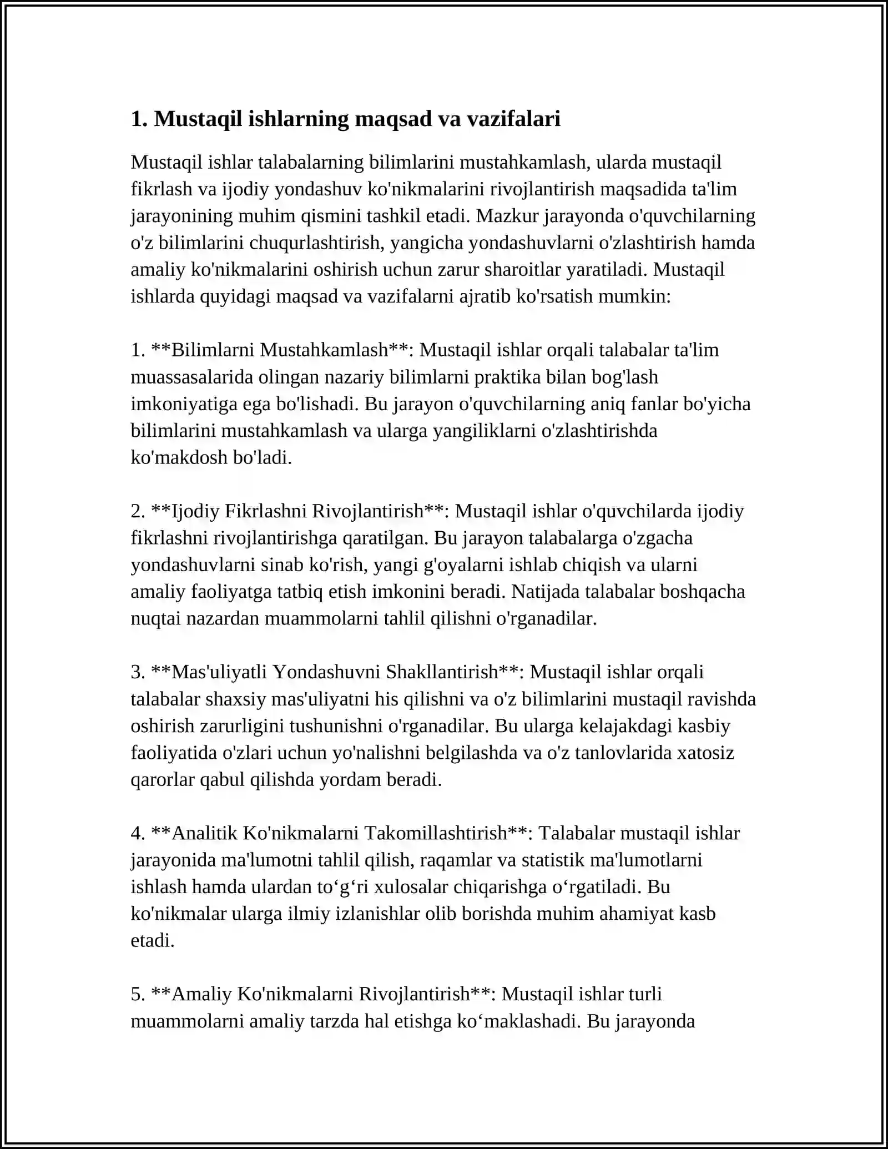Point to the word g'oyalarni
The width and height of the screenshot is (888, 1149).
click(458, 565)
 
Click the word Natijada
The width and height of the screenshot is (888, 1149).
click(547, 591)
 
